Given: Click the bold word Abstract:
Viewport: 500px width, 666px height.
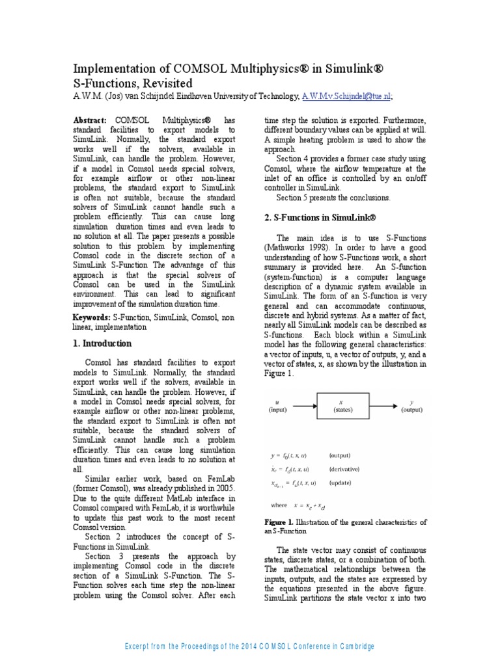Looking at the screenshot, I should [x=90, y=121].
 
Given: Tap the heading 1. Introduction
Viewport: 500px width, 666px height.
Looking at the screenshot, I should [x=102, y=343].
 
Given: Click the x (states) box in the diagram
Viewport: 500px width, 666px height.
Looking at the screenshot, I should [x=342, y=406].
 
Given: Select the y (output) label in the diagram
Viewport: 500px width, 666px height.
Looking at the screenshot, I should [x=411, y=406].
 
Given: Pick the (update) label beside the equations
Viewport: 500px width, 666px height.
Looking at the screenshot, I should [x=341, y=484].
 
